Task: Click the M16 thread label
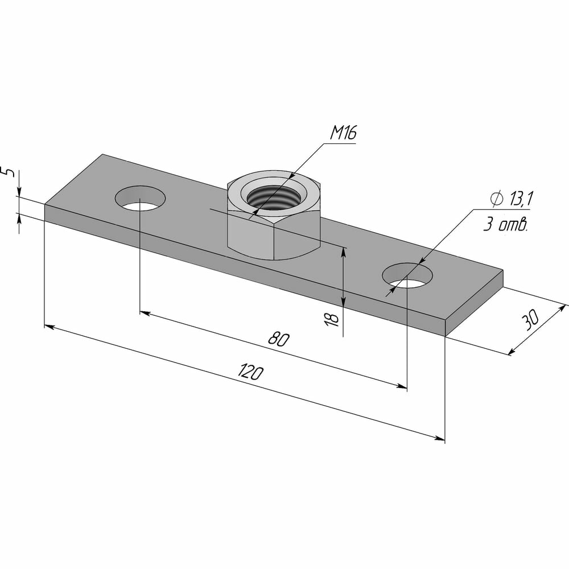tap(343, 133)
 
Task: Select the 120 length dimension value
tap(250, 372)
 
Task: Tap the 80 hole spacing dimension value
tap(279, 339)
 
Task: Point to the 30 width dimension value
tap(530, 320)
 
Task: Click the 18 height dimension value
tap(332, 319)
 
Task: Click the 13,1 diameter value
tap(521, 199)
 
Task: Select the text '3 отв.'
tap(505, 225)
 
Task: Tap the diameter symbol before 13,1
tap(497, 199)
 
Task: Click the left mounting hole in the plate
tap(140, 198)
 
